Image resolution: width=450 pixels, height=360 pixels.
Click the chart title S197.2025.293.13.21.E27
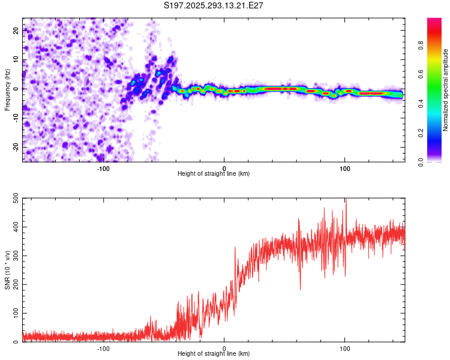[x=214, y=5]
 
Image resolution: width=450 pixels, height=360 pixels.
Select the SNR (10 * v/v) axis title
[x=7, y=270]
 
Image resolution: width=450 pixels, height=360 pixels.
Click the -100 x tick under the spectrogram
[x=103, y=167]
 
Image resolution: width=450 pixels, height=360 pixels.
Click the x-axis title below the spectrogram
[x=214, y=174]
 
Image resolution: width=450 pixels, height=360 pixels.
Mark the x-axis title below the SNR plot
[x=214, y=354]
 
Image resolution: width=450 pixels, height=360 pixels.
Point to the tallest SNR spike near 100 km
[x=346, y=200]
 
